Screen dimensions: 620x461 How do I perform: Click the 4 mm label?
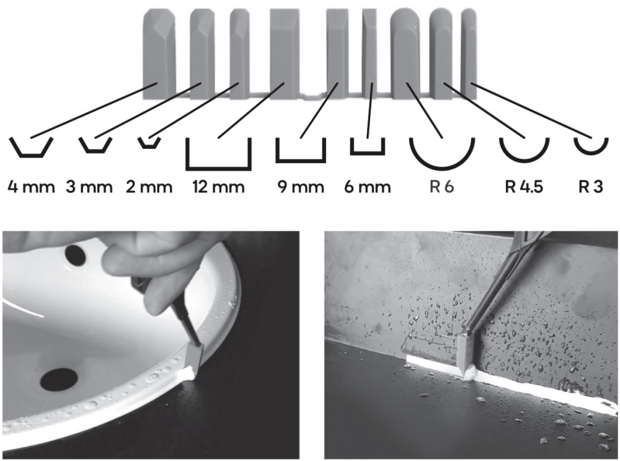click(31, 187)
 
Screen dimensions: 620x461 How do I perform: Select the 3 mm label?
click(89, 187)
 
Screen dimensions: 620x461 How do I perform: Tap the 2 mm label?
click(149, 187)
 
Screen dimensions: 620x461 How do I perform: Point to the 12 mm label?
click(219, 187)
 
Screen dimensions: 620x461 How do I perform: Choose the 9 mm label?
click(301, 187)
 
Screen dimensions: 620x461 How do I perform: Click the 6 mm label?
click(367, 187)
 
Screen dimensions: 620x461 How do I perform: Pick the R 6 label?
click(441, 187)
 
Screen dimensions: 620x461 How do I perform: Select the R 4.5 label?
click(525, 187)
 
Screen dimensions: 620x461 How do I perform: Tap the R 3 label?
click(591, 187)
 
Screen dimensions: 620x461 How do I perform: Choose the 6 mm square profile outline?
click(367, 153)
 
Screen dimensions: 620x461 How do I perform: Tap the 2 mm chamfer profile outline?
click(149, 147)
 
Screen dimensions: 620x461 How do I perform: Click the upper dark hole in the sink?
click(76, 255)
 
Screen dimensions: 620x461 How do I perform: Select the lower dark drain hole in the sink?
click(59, 378)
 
